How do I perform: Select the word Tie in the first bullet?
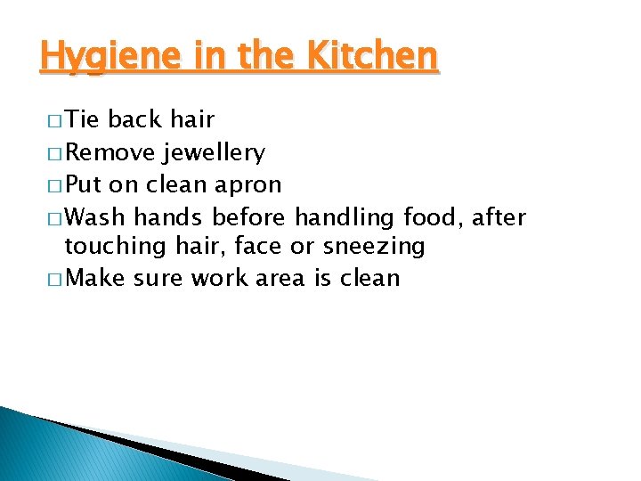tap(84, 119)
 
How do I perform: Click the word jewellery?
tap(214, 153)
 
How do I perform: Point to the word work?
tap(219, 278)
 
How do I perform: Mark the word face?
tap(258, 247)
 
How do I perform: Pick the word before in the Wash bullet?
tap(249, 216)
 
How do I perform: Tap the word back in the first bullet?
tap(136, 119)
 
